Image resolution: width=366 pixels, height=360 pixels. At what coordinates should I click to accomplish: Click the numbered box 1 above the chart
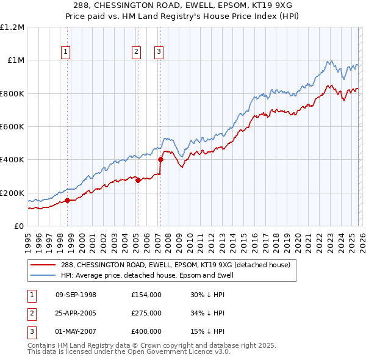click(x=65, y=52)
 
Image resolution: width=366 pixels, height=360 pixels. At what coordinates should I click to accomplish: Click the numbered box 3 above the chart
click(x=158, y=52)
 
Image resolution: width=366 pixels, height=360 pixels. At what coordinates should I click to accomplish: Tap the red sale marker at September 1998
click(x=67, y=200)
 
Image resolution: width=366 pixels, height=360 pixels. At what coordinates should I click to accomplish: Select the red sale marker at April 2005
click(x=138, y=180)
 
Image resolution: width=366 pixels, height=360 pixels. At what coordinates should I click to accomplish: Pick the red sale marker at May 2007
click(x=160, y=160)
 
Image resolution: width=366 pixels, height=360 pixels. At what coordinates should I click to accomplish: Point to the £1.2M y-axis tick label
click(x=12, y=27)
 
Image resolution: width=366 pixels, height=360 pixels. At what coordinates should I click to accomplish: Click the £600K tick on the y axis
click(x=12, y=126)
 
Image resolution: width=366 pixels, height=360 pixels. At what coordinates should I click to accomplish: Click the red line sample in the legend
click(x=43, y=265)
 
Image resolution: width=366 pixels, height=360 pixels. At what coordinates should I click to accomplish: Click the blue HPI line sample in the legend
click(x=43, y=275)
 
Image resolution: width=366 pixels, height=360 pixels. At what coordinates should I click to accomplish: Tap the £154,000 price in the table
click(x=146, y=295)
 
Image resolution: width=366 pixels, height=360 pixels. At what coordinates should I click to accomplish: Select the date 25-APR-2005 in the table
click(x=76, y=313)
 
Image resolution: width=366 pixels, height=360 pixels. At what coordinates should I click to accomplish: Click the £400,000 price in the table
click(x=146, y=331)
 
